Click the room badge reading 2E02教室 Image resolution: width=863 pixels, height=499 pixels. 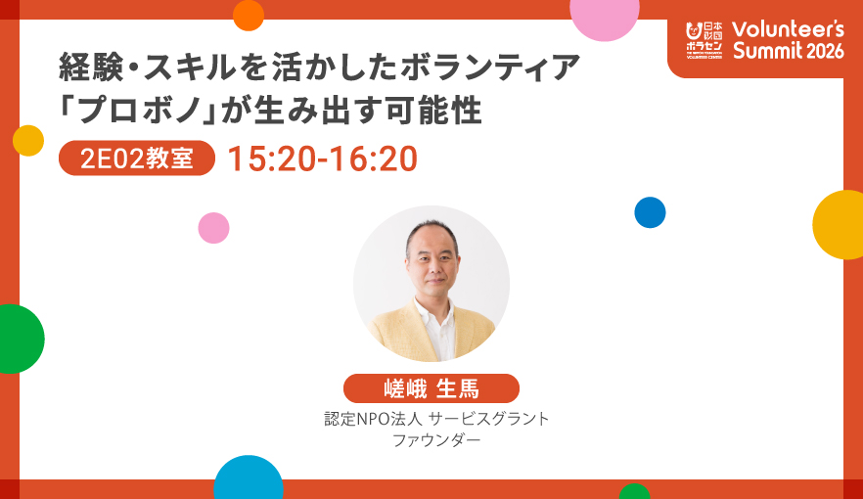tap(137, 159)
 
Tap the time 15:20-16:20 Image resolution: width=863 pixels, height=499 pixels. tap(323, 159)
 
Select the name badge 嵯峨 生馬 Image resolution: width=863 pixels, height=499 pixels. tap(431, 388)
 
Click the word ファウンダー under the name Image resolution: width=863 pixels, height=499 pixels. tap(436, 440)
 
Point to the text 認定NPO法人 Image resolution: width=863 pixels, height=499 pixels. tap(373, 419)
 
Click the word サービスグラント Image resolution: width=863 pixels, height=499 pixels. tap(489, 419)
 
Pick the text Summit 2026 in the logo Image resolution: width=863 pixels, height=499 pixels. tap(789, 51)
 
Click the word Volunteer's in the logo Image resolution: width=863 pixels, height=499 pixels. tap(789, 29)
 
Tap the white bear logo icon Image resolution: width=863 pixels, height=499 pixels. tap(694, 30)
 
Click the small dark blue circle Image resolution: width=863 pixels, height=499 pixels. tap(650, 212)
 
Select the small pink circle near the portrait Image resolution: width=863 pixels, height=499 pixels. tap(213, 228)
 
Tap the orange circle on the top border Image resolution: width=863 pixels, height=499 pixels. tap(249, 15)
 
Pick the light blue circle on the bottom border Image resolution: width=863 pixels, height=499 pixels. tap(249, 477)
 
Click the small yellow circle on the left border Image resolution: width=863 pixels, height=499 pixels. tap(28, 141)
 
